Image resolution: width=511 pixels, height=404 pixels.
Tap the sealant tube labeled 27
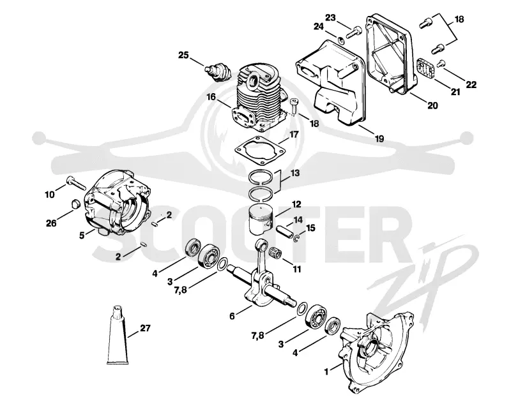point(119,334)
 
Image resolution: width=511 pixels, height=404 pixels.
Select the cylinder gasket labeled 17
point(261,151)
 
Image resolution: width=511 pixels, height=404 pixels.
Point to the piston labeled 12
point(261,219)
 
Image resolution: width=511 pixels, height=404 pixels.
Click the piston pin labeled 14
point(285,232)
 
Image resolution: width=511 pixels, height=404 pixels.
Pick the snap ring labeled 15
point(297,239)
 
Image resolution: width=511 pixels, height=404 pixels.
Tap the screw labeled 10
point(75,183)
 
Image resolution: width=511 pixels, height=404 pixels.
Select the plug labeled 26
point(75,203)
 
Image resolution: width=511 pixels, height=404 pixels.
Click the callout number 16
point(211,97)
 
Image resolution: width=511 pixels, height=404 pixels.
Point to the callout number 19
point(379,138)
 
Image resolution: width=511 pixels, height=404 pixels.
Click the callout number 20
point(432,105)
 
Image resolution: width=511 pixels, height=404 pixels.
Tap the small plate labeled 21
point(425,69)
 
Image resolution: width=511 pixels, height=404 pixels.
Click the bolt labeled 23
point(354,33)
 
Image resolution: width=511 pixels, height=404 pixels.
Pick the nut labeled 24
point(341,40)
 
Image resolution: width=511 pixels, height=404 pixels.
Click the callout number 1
point(326,371)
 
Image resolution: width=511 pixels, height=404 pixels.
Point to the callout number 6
point(232,316)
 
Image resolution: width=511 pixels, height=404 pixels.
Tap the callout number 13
point(294,173)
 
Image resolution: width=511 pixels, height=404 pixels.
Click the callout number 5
point(82,235)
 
